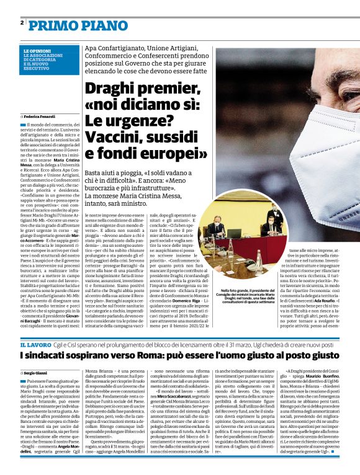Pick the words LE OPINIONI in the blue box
(x=38, y=50)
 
